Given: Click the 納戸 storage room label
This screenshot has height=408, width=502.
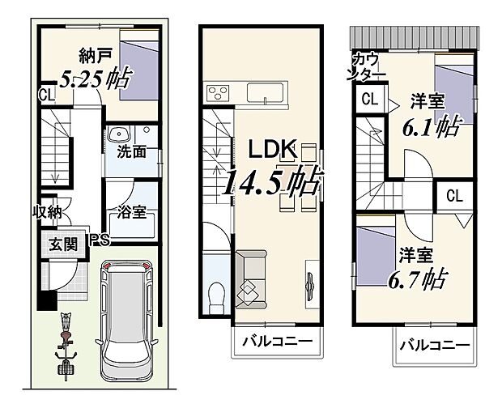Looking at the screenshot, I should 95,57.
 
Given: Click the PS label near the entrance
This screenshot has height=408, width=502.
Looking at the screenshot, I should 99,240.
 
